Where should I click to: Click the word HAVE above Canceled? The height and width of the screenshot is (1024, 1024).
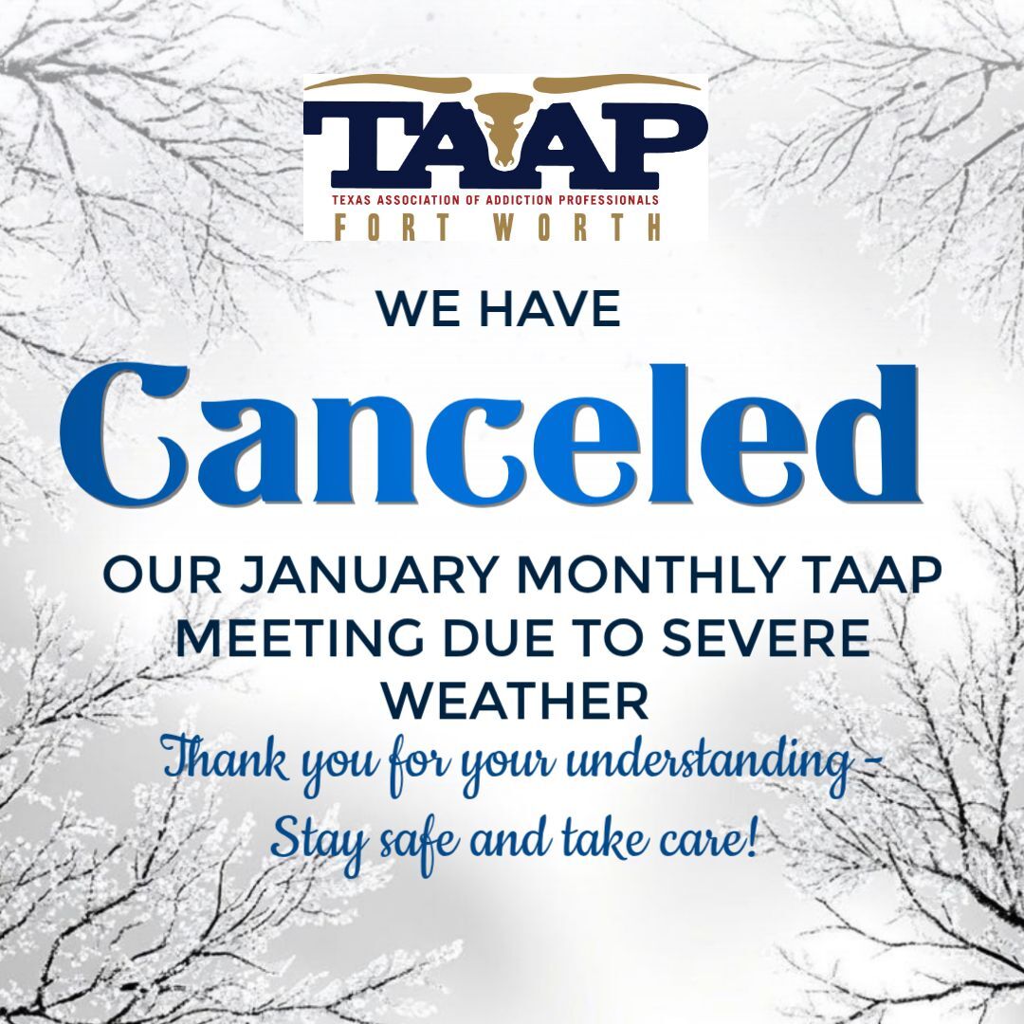click(x=550, y=309)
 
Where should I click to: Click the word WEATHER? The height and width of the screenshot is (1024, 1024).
click(x=515, y=701)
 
